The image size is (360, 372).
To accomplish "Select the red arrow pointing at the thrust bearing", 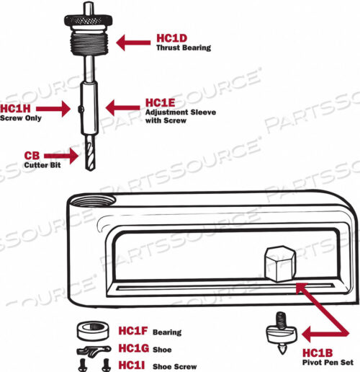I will (133, 42).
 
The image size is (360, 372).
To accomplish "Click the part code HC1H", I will (15, 108).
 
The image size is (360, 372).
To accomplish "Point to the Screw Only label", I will (19, 118).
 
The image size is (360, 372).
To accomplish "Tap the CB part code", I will (32, 155).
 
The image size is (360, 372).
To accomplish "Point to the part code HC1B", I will (318, 352).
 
